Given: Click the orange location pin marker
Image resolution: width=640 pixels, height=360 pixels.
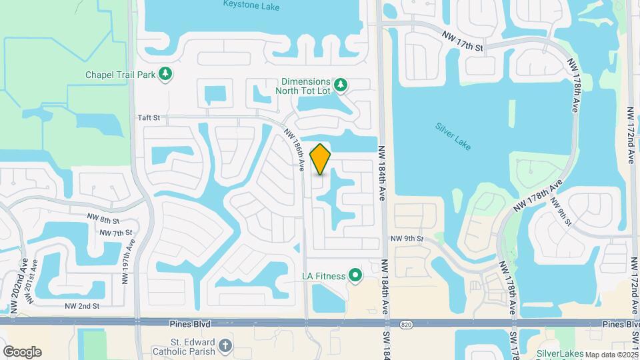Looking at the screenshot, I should (x=320, y=159).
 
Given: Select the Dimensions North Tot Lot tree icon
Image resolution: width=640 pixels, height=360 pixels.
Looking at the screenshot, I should (x=341, y=84).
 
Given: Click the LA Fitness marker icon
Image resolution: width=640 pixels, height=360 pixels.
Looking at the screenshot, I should (x=355, y=275).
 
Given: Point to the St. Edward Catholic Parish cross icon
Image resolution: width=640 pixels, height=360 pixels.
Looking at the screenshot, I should (x=225, y=345).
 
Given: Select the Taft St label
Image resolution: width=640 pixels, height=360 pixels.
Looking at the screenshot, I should (x=149, y=117).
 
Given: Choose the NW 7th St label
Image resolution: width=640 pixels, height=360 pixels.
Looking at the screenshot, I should (x=115, y=233).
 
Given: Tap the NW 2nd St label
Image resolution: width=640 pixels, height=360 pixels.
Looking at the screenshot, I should (x=82, y=306).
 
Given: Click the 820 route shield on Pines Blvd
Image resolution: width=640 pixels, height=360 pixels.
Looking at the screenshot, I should (x=406, y=324).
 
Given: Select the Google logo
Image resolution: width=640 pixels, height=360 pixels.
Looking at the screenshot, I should (x=21, y=352).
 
